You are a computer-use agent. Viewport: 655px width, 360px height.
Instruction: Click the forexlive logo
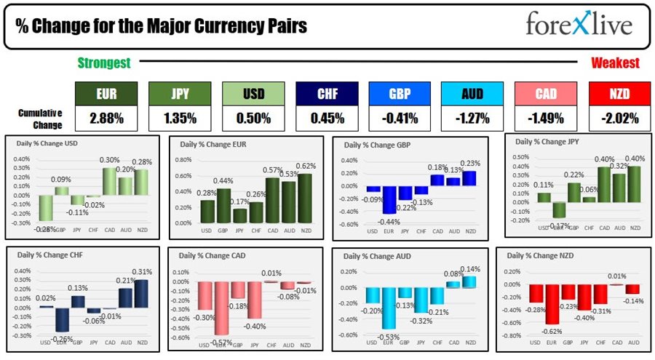point(579,25)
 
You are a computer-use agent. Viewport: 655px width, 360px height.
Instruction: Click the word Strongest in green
point(104,63)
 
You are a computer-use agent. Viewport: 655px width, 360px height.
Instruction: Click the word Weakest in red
point(615,63)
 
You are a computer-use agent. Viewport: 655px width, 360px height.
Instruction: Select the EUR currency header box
point(106,94)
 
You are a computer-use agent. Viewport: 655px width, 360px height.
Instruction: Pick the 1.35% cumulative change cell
point(180,117)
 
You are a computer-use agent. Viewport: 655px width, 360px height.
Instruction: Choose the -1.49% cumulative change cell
point(545,117)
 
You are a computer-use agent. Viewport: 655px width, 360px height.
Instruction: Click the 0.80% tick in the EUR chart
point(185,159)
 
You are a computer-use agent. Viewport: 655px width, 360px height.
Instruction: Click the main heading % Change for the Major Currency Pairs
point(162,27)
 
